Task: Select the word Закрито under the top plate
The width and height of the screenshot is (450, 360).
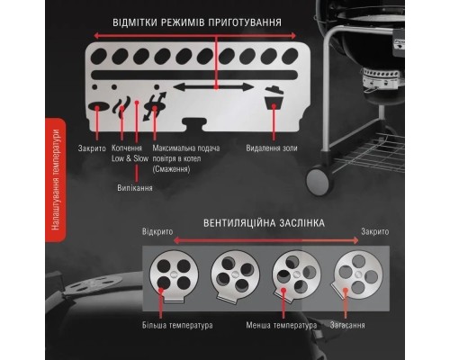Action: click(92, 146)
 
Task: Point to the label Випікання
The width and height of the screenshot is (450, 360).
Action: click(135, 188)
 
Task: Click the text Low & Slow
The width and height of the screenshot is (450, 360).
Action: click(130, 157)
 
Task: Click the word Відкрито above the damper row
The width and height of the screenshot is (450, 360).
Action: click(156, 231)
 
